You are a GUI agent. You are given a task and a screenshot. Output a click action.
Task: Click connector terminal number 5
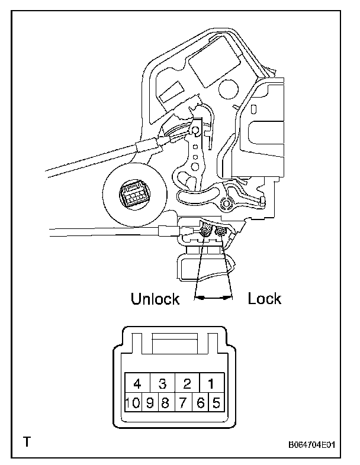click(x=216, y=404)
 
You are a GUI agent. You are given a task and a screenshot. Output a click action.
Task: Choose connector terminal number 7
click(x=183, y=404)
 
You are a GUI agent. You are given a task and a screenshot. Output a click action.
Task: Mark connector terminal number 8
click(x=166, y=404)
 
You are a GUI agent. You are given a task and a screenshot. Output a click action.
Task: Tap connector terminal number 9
click(x=150, y=404)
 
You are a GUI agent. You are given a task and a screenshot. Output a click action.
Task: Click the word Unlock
click(x=155, y=299)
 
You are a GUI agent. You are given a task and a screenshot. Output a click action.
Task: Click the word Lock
click(x=265, y=299)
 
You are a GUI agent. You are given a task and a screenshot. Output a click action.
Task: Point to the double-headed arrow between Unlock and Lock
click(x=214, y=299)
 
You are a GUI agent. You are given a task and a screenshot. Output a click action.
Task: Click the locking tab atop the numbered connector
click(x=175, y=342)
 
